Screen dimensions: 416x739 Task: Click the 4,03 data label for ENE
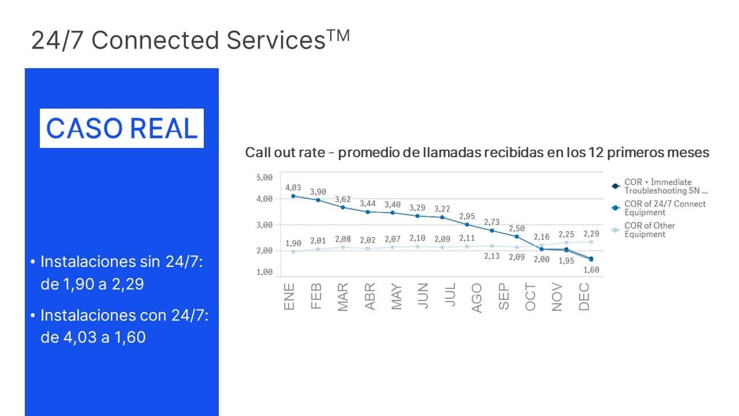click(293, 188)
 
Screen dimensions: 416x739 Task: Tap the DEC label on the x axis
click(584, 297)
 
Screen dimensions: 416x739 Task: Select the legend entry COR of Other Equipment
click(649, 230)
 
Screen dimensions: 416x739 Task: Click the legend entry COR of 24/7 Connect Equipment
click(665, 208)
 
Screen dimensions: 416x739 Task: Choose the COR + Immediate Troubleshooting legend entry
click(665, 186)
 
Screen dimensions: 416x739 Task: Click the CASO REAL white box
click(122, 128)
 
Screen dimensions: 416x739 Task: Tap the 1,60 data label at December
click(591, 269)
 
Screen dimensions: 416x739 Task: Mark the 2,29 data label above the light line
click(591, 233)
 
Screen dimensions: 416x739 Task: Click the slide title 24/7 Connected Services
click(190, 40)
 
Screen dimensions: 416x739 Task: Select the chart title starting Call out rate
click(477, 153)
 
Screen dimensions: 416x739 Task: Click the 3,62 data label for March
click(343, 199)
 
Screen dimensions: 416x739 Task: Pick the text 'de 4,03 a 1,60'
click(93, 337)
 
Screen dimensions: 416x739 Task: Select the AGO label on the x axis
click(477, 298)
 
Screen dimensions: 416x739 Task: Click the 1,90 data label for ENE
click(293, 243)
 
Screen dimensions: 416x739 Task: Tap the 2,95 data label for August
click(467, 216)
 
